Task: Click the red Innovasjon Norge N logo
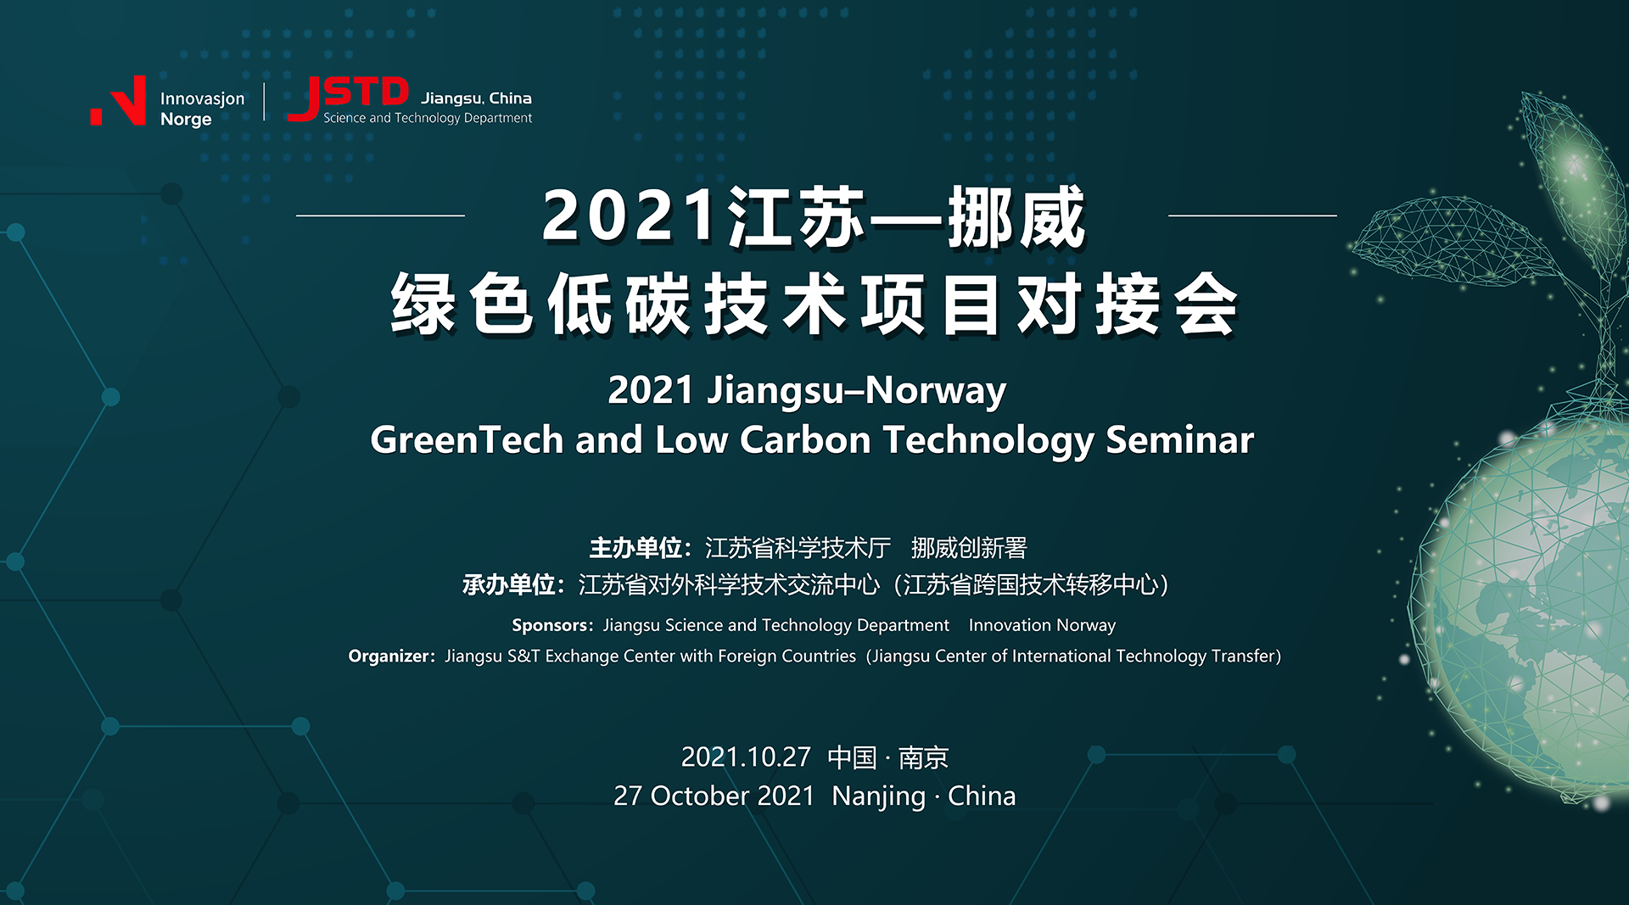[118, 101]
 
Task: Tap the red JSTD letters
[349, 98]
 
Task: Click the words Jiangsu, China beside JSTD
[476, 98]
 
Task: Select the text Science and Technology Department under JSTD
[428, 118]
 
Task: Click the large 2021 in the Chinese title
[630, 216]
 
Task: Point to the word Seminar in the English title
[1180, 439]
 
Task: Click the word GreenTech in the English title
[467, 439]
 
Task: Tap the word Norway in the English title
[936, 391]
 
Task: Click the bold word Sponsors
[550, 625]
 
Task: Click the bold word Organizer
[389, 656]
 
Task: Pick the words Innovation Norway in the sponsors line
[1042, 625]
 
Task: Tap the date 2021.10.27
[746, 757]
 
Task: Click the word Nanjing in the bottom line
[879, 796]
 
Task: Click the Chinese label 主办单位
[636, 548]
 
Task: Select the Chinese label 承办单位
[509, 584]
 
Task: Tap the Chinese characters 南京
[923, 757]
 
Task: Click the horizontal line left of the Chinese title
[380, 215]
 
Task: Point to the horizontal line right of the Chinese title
[1252, 215]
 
